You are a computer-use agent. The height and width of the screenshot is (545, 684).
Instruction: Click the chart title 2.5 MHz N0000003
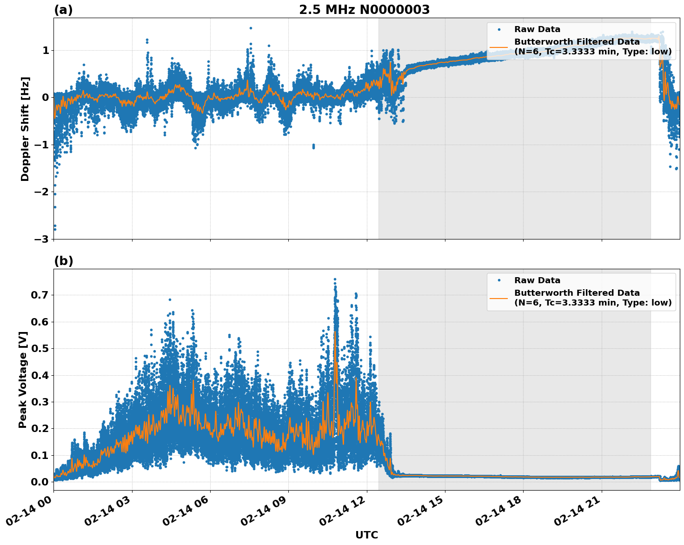(364, 10)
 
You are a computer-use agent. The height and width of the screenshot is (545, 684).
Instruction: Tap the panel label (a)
(63, 10)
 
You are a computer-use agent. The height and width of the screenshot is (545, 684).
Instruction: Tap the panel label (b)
(63, 261)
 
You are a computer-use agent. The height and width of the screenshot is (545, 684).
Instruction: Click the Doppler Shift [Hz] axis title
(25, 129)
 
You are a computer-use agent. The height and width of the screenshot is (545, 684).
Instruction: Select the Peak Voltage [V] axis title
(23, 379)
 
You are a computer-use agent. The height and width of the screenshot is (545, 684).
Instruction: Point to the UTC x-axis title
(366, 535)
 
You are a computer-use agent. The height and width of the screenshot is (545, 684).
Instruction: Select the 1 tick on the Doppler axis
(46, 50)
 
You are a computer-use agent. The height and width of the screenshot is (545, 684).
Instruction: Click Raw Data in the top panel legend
(537, 29)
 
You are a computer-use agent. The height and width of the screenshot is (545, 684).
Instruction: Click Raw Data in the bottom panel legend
(537, 280)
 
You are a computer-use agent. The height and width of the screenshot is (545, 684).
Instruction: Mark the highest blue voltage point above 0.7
(335, 279)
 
